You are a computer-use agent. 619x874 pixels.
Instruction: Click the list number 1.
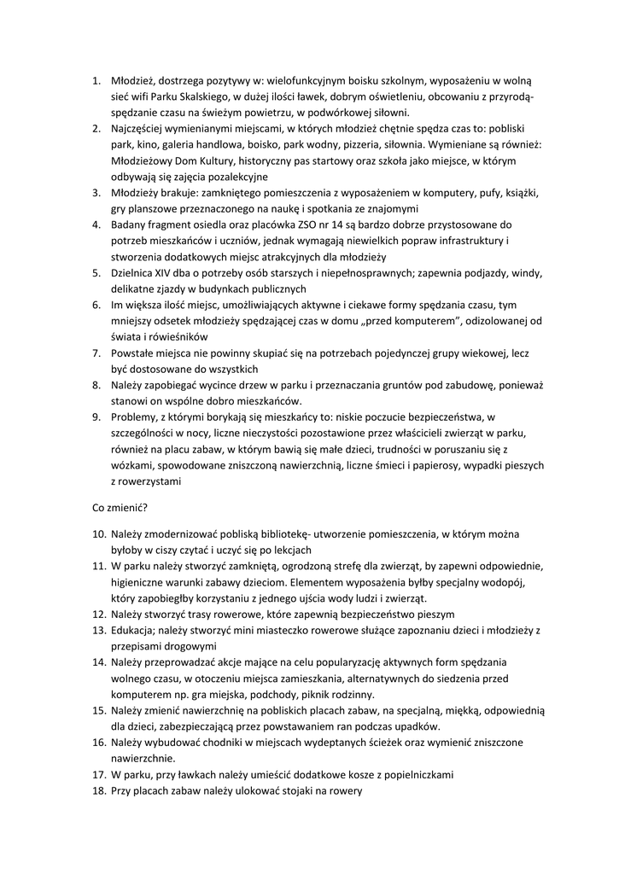[96, 80]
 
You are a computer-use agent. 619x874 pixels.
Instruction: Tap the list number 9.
[96, 417]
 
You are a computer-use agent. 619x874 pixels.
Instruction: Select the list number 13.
[99, 630]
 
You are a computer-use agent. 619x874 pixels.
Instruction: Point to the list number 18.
[99, 790]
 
